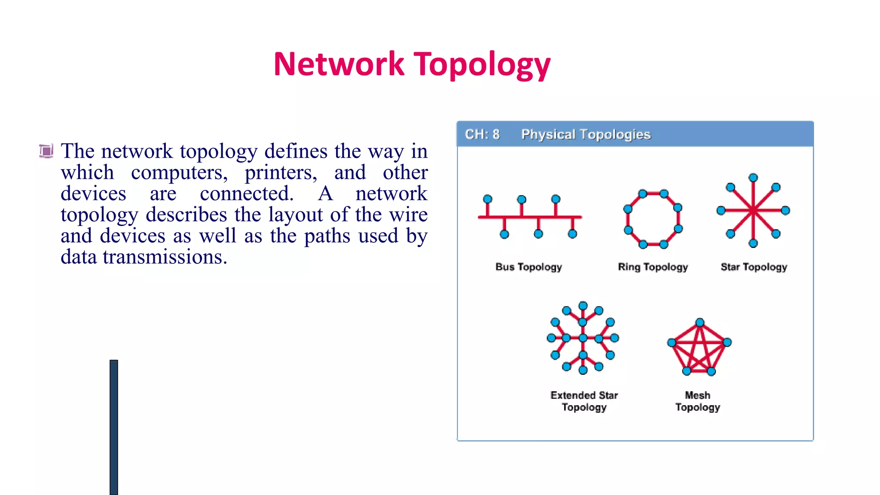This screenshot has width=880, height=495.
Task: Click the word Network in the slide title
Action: pyautogui.click(x=339, y=64)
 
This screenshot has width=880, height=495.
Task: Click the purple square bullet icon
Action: pyautogui.click(x=46, y=151)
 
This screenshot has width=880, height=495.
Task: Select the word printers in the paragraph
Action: pyautogui.click(x=281, y=173)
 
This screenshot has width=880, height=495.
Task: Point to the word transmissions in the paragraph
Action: pyautogui.click(x=165, y=257)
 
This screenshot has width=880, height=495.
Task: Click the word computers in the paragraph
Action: pyautogui.click(x=179, y=173)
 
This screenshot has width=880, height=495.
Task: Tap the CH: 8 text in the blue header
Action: pyautogui.click(x=482, y=134)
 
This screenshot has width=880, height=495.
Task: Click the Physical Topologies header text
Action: pyautogui.click(x=586, y=134)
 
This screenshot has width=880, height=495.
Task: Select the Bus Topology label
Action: pyautogui.click(x=529, y=267)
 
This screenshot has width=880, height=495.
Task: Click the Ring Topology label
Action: pyautogui.click(x=653, y=267)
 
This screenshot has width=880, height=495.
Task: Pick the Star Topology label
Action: pyautogui.click(x=754, y=267)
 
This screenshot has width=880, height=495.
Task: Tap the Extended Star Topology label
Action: pyautogui.click(x=584, y=401)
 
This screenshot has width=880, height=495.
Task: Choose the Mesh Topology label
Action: pyautogui.click(x=697, y=401)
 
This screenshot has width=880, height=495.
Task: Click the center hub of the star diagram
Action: pyautogui.click(x=753, y=211)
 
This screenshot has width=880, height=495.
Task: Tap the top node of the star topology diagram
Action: pyautogui.click(x=753, y=178)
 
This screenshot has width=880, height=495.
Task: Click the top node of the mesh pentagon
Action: pyautogui.click(x=700, y=323)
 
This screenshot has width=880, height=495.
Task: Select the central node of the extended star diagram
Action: pyautogui.click(x=583, y=338)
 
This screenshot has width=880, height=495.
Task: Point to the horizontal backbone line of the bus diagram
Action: pyautogui.click(x=530, y=217)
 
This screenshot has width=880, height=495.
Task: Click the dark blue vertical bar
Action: pyautogui.click(x=114, y=427)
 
